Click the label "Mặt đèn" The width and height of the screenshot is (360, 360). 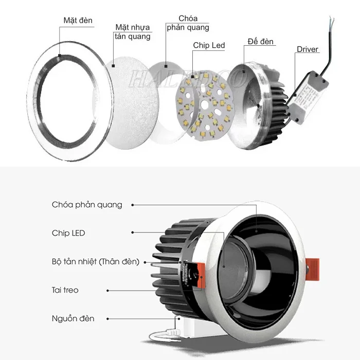pos(78,21)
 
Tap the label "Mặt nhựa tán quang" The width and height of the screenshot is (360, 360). pos(133,32)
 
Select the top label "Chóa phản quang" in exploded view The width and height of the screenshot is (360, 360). pos(188,23)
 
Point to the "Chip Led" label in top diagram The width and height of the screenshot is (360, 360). pos(209,46)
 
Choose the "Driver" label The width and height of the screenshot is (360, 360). pos(308,50)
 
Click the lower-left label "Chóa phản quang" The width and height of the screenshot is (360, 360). pos(87,205)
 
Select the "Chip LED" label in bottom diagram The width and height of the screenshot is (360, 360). pos(68,233)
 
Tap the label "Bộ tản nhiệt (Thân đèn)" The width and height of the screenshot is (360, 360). pos(96,262)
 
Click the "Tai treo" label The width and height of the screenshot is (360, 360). pos(65,290)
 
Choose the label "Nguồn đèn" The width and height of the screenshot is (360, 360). pos(73,319)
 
